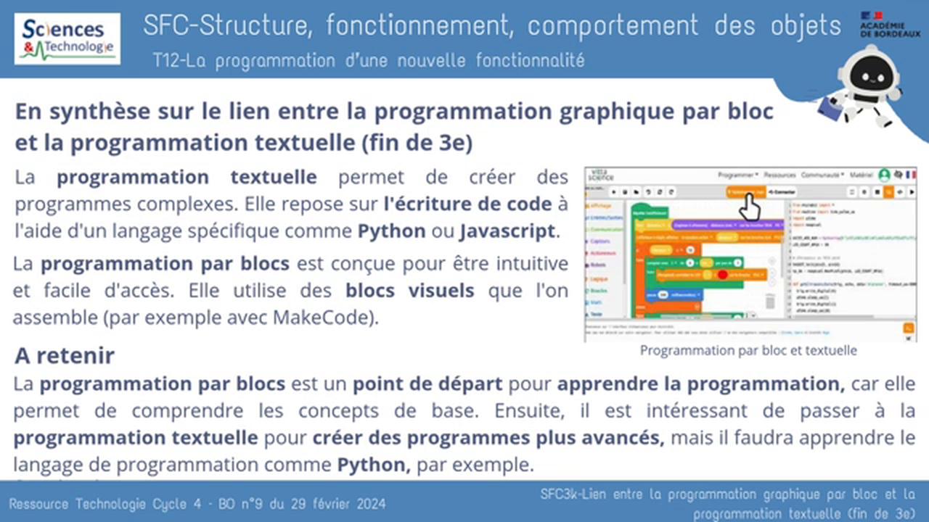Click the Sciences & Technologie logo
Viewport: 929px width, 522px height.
click(x=67, y=38)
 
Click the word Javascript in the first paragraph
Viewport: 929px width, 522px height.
click(x=507, y=232)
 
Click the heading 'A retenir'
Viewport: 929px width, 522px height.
click(x=65, y=356)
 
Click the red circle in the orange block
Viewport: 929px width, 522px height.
click(x=722, y=275)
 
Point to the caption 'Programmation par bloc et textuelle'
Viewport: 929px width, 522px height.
click(x=748, y=350)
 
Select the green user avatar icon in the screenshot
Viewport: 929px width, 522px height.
click(x=884, y=175)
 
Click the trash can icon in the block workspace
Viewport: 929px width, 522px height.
click(x=769, y=300)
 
